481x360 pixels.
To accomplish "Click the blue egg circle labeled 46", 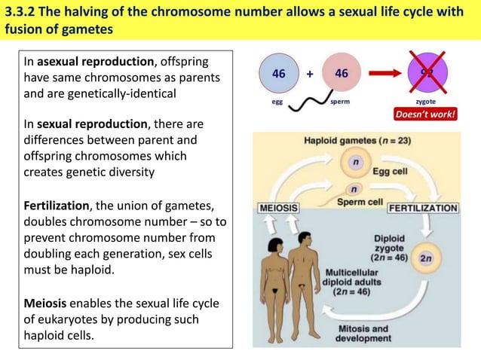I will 278,75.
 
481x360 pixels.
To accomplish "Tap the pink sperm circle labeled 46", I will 341,75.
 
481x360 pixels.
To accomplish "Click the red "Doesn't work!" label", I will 427,116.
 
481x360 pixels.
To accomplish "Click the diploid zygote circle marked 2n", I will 426,258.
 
